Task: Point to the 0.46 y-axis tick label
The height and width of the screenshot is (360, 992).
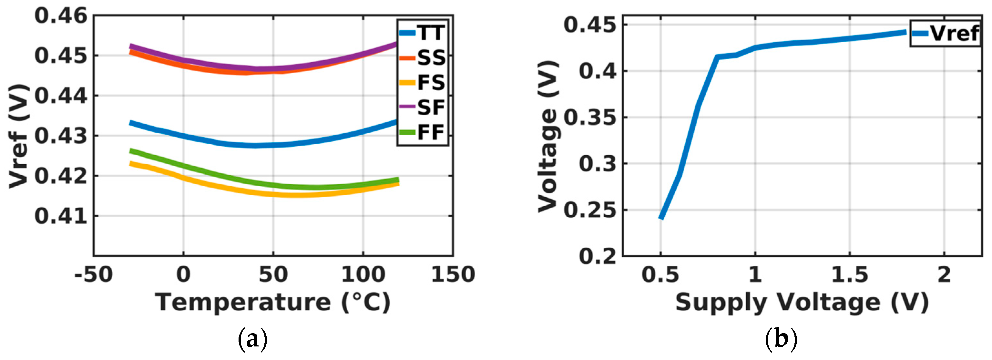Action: tap(61, 16)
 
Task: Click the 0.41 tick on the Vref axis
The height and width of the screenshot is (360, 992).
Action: tap(61, 216)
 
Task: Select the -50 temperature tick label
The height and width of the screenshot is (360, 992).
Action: tap(94, 275)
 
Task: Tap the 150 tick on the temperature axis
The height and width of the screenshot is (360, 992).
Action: tap(453, 275)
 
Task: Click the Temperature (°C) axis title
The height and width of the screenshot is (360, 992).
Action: tap(273, 303)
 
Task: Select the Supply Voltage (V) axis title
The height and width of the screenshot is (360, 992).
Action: tap(802, 303)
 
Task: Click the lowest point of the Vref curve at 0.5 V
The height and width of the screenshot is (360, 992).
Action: tap(661, 218)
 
